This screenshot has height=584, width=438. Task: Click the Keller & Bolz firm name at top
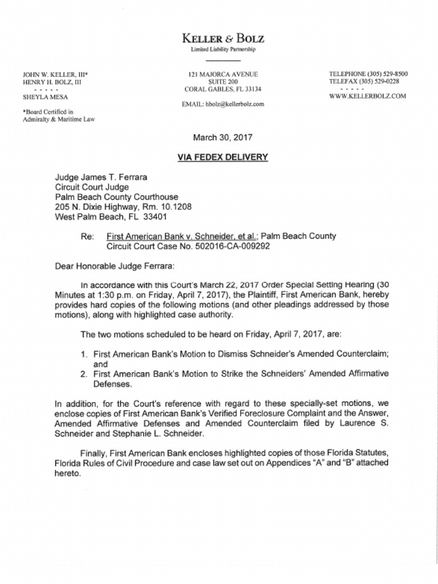(222, 39)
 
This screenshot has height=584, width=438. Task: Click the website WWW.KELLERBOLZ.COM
(367, 96)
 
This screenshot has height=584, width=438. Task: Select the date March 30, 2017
(222, 137)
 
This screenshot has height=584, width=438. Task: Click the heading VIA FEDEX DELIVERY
(222, 157)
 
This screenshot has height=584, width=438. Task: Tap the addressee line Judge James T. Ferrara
(101, 177)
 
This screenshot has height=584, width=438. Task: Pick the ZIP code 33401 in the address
(153, 217)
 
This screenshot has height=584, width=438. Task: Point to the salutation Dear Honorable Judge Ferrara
(111, 266)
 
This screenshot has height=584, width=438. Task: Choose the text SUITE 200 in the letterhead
(223, 82)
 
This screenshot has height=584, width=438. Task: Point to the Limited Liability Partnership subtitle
(223, 50)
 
